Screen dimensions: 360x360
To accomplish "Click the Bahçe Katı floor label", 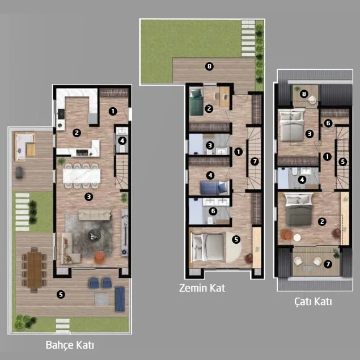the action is tap(70, 345).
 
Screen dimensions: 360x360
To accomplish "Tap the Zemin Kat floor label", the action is tap(202, 288).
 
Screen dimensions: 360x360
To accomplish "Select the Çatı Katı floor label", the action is tap(313, 302).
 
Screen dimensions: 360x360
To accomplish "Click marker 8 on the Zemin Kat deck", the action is tap(209, 66).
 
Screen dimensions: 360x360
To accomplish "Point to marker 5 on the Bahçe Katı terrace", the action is tap(61, 294).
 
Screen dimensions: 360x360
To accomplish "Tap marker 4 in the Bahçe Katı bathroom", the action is tap(122, 140).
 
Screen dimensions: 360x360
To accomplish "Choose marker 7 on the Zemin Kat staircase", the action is tap(255, 162).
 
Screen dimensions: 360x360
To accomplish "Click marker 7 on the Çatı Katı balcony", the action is tap(328, 264).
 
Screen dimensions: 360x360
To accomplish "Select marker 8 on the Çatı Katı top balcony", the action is tap(304, 94).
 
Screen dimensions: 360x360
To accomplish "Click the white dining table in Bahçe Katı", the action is tap(82, 176).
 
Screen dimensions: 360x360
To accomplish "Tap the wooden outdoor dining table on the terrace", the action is tap(34, 270).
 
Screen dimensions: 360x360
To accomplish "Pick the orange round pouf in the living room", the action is tap(99, 257).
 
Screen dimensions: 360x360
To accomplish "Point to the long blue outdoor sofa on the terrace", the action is tap(120, 299).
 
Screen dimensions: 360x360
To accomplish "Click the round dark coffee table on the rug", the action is tap(94, 235).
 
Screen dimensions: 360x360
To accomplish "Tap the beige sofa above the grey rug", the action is tap(94, 215).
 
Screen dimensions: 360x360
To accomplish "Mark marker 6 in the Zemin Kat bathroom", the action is tap(213, 211).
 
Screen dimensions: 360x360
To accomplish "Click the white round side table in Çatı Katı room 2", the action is tap(297, 238).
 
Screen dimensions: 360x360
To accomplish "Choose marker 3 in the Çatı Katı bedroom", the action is tap(310, 134).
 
